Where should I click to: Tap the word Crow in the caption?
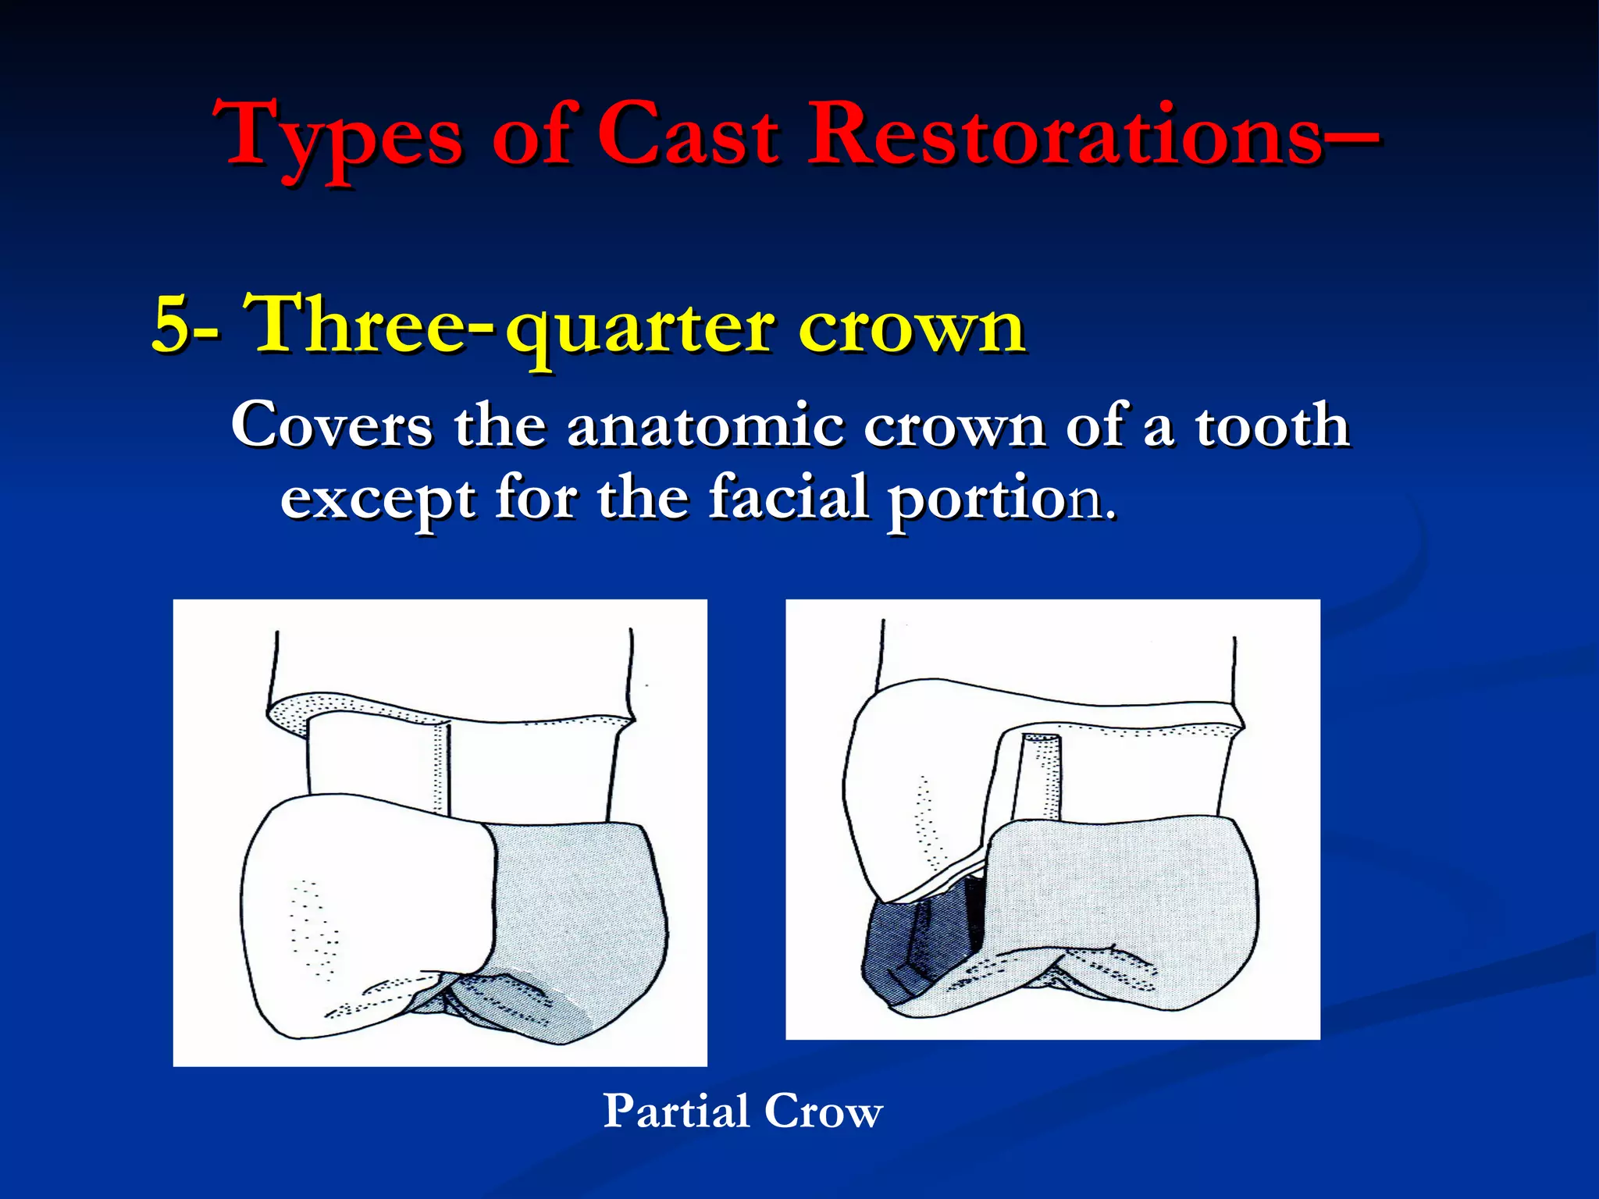pos(824,1111)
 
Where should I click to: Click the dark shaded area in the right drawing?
pos(921,945)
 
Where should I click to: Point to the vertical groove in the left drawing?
pos(441,769)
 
